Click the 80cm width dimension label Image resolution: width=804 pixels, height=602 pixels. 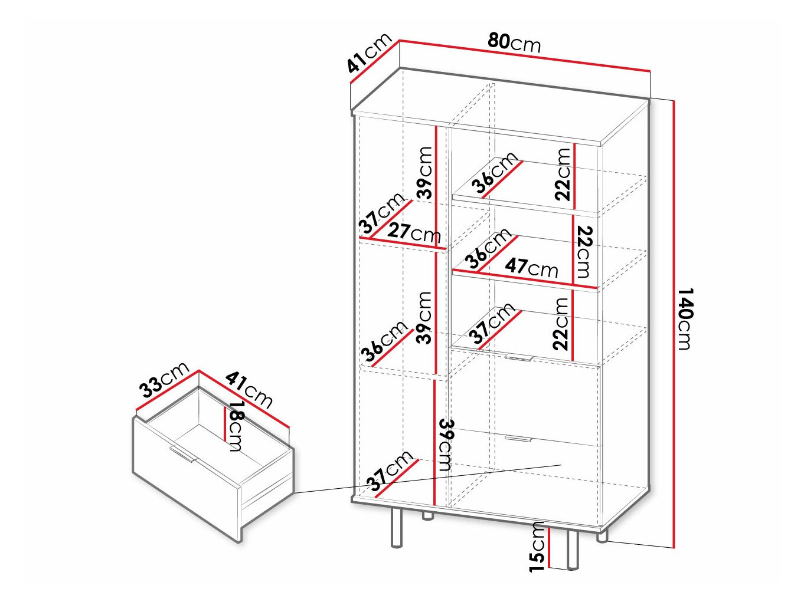click(514, 42)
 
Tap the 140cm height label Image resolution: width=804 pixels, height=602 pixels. click(684, 319)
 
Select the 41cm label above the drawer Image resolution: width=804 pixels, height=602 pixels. click(249, 389)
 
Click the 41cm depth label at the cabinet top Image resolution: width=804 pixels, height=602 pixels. click(369, 53)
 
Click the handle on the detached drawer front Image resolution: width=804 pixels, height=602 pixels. click(182, 455)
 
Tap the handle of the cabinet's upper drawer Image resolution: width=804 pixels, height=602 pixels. click(519, 357)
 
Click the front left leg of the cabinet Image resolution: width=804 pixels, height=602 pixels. click(397, 527)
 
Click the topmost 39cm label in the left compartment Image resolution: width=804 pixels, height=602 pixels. click(424, 173)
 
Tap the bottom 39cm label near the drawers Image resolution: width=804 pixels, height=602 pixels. click(446, 445)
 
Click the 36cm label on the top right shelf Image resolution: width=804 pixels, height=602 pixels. click(495, 173)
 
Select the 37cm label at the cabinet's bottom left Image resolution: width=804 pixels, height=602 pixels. click(390, 472)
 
